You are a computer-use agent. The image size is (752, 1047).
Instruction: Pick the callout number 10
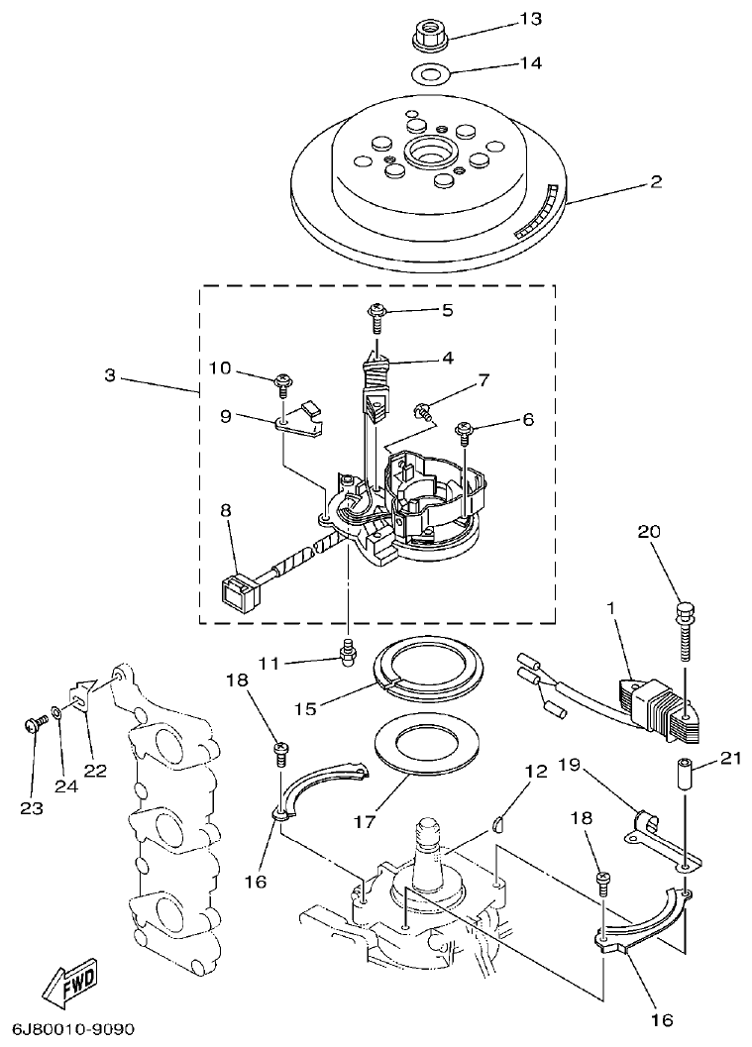click(x=219, y=368)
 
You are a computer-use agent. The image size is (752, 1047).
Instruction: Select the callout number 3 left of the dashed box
click(x=110, y=376)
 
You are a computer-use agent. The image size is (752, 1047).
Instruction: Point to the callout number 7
click(x=483, y=379)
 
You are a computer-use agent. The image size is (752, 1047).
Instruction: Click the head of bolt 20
click(x=683, y=608)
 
